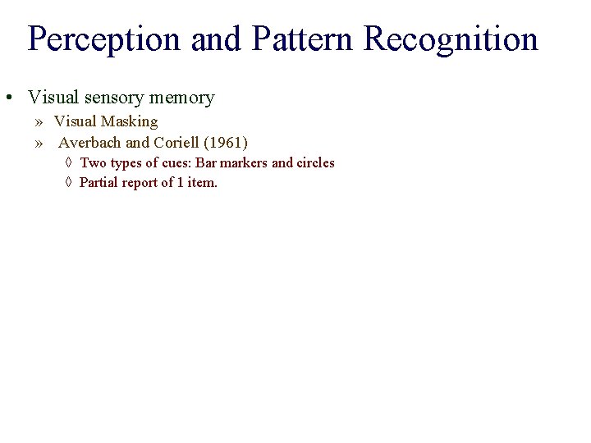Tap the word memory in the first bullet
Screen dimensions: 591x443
click(x=181, y=98)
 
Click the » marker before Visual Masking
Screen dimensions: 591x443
click(x=39, y=122)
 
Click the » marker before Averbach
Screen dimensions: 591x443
click(x=39, y=143)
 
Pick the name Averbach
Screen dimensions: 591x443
click(x=90, y=142)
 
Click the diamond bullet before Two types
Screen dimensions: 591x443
click(x=68, y=162)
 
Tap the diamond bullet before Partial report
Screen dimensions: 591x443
click(x=68, y=182)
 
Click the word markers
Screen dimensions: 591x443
click(x=245, y=162)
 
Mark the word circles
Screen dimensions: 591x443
click(x=315, y=162)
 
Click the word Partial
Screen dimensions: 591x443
click(x=98, y=182)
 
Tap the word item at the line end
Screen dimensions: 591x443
click(x=202, y=182)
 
